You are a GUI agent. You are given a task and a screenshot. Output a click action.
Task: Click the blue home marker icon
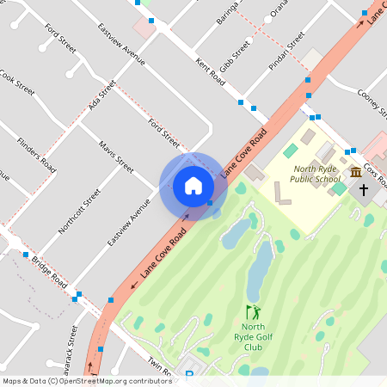pyautogui.click(x=193, y=186)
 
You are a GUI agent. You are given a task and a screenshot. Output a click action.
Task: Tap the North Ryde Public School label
pyautogui.click(x=316, y=175)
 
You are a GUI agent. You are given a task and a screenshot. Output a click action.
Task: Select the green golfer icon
pyautogui.click(x=252, y=312)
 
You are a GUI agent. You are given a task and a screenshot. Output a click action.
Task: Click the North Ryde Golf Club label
pyautogui.click(x=252, y=336)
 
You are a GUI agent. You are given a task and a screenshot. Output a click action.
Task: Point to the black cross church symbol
pyautogui.click(x=364, y=189)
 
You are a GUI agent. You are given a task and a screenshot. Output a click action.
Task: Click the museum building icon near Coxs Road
pyautogui.click(x=355, y=173)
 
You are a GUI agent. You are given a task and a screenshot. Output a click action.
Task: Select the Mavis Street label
pyautogui.click(x=116, y=157)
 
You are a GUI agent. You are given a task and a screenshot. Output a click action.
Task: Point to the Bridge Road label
pyautogui.click(x=49, y=269)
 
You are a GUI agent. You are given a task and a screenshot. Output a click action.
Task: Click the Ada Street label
pyautogui.click(x=101, y=95)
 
